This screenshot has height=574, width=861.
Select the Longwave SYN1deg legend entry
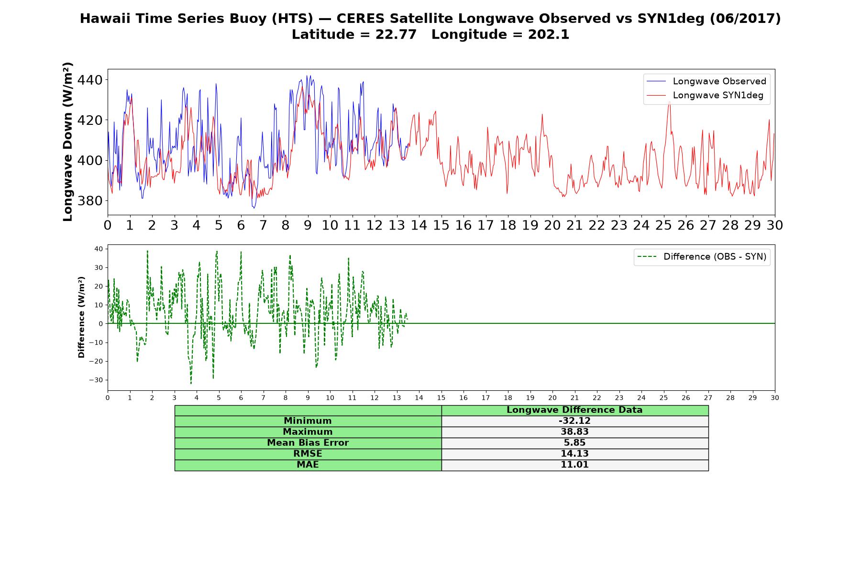[705, 96]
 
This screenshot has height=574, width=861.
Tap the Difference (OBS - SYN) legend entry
[702, 257]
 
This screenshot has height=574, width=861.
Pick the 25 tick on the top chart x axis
[663, 225]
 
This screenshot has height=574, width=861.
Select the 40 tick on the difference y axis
[99, 249]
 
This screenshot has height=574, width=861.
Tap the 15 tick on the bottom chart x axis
[441, 398]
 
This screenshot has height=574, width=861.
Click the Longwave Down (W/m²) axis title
[67, 142]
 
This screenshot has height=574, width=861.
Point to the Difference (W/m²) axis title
[81, 317]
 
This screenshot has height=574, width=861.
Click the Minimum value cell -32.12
[574, 421]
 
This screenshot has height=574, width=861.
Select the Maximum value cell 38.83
[574, 432]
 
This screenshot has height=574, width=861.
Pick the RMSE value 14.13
[574, 454]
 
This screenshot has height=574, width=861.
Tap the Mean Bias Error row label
[308, 443]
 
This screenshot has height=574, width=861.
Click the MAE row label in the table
[308, 465]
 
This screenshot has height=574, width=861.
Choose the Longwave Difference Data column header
[574, 410]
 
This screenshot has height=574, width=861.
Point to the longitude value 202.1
[549, 35]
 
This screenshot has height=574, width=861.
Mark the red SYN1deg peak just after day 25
[669, 101]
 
